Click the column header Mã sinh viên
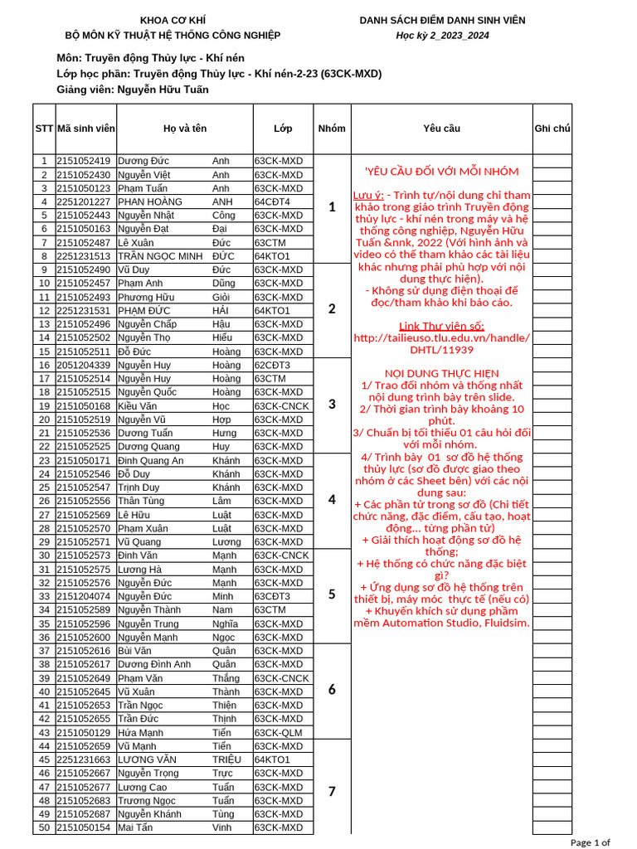click(x=86, y=129)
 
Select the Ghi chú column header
click(x=552, y=129)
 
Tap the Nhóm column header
click(x=332, y=129)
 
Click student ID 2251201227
click(x=83, y=201)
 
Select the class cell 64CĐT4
click(x=272, y=201)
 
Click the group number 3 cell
click(x=332, y=405)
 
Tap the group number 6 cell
click(x=332, y=690)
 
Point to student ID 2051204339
click(x=83, y=365)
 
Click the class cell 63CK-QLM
click(x=279, y=733)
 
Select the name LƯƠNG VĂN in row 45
click(x=147, y=759)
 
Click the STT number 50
click(x=43, y=827)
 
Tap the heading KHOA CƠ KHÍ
click(x=173, y=20)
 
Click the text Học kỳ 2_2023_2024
click(x=442, y=35)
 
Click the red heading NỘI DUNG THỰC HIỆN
click(x=441, y=373)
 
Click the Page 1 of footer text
click(x=591, y=842)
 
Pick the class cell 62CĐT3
click(x=272, y=365)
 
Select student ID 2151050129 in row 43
click(x=83, y=733)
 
